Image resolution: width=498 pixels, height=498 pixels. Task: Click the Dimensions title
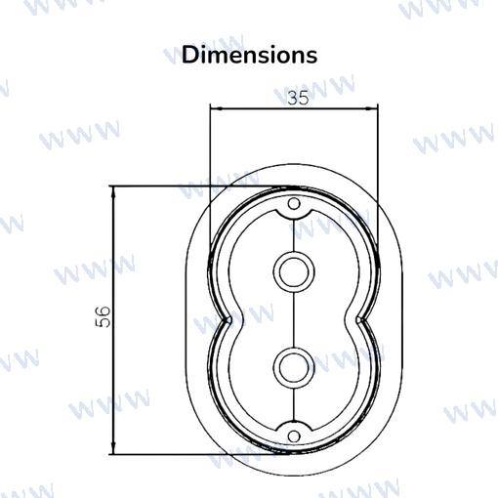(x=249, y=55)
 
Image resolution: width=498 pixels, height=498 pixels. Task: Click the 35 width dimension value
(x=298, y=98)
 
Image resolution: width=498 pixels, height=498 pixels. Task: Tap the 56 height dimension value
(x=104, y=316)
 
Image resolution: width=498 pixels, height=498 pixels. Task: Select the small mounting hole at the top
(x=294, y=204)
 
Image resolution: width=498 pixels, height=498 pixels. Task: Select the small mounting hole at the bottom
(x=294, y=436)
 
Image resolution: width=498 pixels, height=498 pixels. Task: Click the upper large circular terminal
(x=294, y=271)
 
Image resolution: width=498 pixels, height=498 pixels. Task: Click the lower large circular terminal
(x=294, y=368)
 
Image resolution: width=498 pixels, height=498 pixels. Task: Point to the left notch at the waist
(x=228, y=320)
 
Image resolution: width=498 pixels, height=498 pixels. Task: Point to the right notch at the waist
(x=359, y=320)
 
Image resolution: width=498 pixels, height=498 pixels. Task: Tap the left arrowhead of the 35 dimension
(x=216, y=108)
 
